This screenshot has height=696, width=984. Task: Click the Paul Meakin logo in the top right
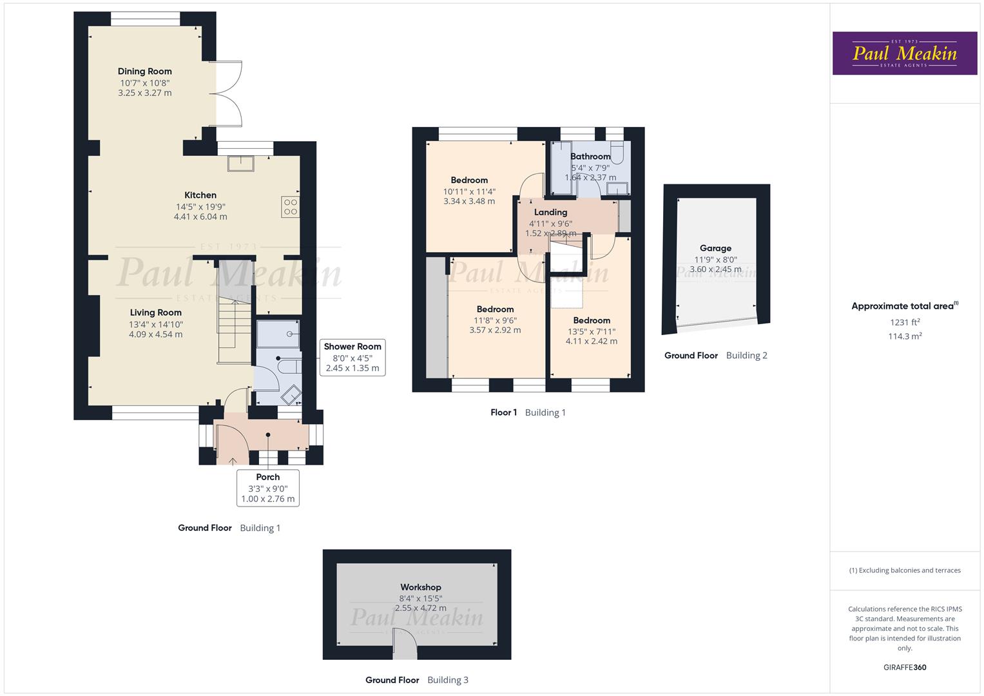point(904,53)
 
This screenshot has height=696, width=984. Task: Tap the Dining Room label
point(144,72)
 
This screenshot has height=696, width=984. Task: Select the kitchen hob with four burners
point(291,207)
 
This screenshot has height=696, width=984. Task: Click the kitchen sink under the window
point(241,164)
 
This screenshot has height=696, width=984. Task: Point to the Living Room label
point(155,313)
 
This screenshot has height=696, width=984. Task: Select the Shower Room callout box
point(352,358)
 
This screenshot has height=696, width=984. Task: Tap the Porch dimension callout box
point(268,488)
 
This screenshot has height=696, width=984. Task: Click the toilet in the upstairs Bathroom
point(617,153)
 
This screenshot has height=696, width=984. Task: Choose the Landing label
point(550,212)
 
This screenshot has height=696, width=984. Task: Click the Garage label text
point(715,248)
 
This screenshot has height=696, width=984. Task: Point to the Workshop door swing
point(405,644)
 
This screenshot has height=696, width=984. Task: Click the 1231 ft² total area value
point(905,322)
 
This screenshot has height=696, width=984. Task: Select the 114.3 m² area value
point(905,336)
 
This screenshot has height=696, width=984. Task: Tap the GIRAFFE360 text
point(905,668)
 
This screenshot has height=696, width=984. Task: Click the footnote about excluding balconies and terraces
point(905,570)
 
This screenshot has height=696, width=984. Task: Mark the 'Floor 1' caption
point(503,412)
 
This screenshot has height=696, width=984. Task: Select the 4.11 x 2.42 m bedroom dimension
point(591,342)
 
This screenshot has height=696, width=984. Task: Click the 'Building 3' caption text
point(448,680)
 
